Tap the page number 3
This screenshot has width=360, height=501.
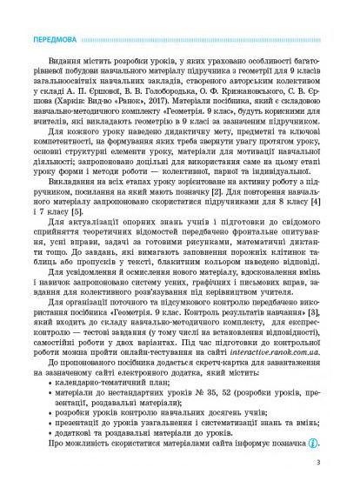coord(320,486)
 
